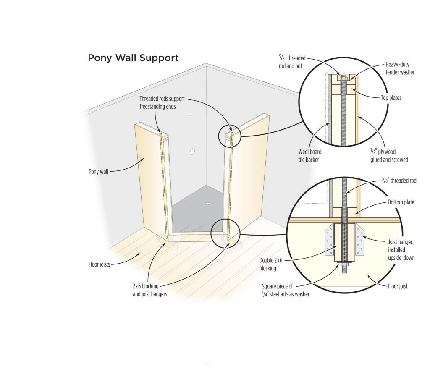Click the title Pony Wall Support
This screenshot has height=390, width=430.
pos(133,58)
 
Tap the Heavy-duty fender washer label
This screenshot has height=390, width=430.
pos(400,68)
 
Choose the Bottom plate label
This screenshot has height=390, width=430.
pos(401,202)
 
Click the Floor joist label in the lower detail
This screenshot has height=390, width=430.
pos(398,287)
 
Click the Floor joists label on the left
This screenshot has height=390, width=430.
pos(99,265)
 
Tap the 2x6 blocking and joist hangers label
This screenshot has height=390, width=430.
pos(150,290)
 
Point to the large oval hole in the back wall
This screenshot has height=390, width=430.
pos(193,151)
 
